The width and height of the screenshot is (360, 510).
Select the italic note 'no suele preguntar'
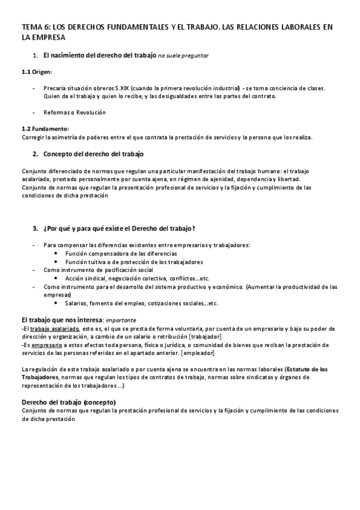[183, 56]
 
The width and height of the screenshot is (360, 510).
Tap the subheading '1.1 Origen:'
[37, 72]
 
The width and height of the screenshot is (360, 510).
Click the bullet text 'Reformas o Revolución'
[75, 112]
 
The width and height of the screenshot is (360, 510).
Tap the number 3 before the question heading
[35, 229]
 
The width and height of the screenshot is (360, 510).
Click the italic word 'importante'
[121, 321]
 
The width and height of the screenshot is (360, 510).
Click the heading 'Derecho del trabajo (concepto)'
[69, 402]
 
